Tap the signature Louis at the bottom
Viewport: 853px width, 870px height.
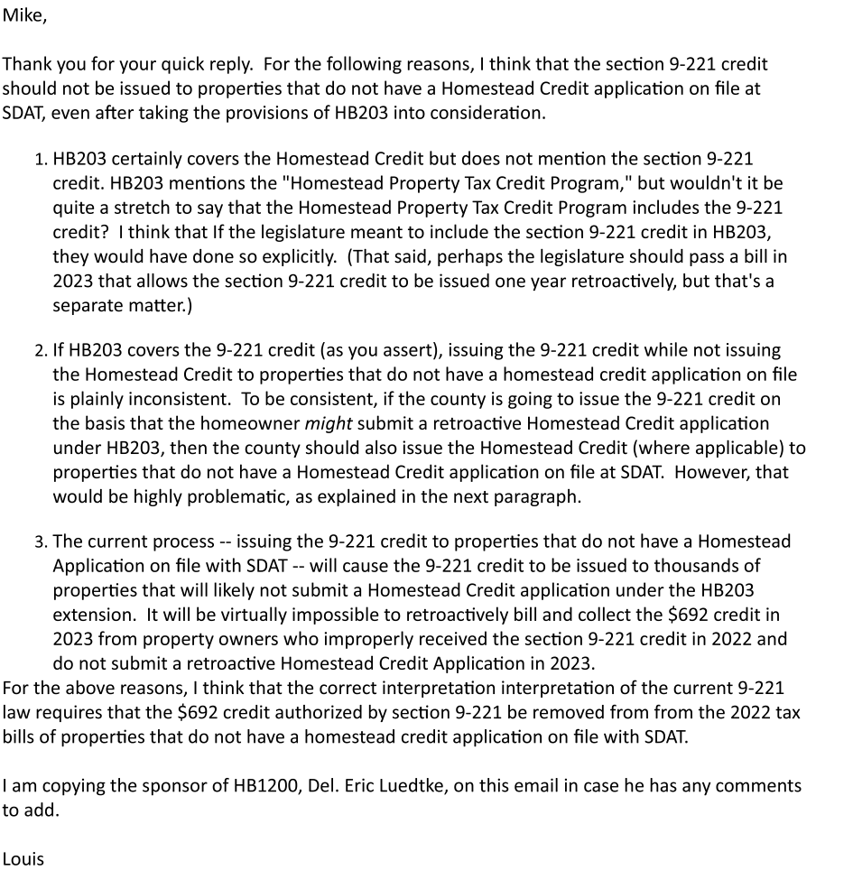click(x=23, y=858)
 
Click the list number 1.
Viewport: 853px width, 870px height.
click(x=41, y=161)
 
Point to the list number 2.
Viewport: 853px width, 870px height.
click(x=41, y=350)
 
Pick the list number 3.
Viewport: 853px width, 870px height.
click(x=41, y=541)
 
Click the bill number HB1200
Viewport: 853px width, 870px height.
click(x=256, y=785)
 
